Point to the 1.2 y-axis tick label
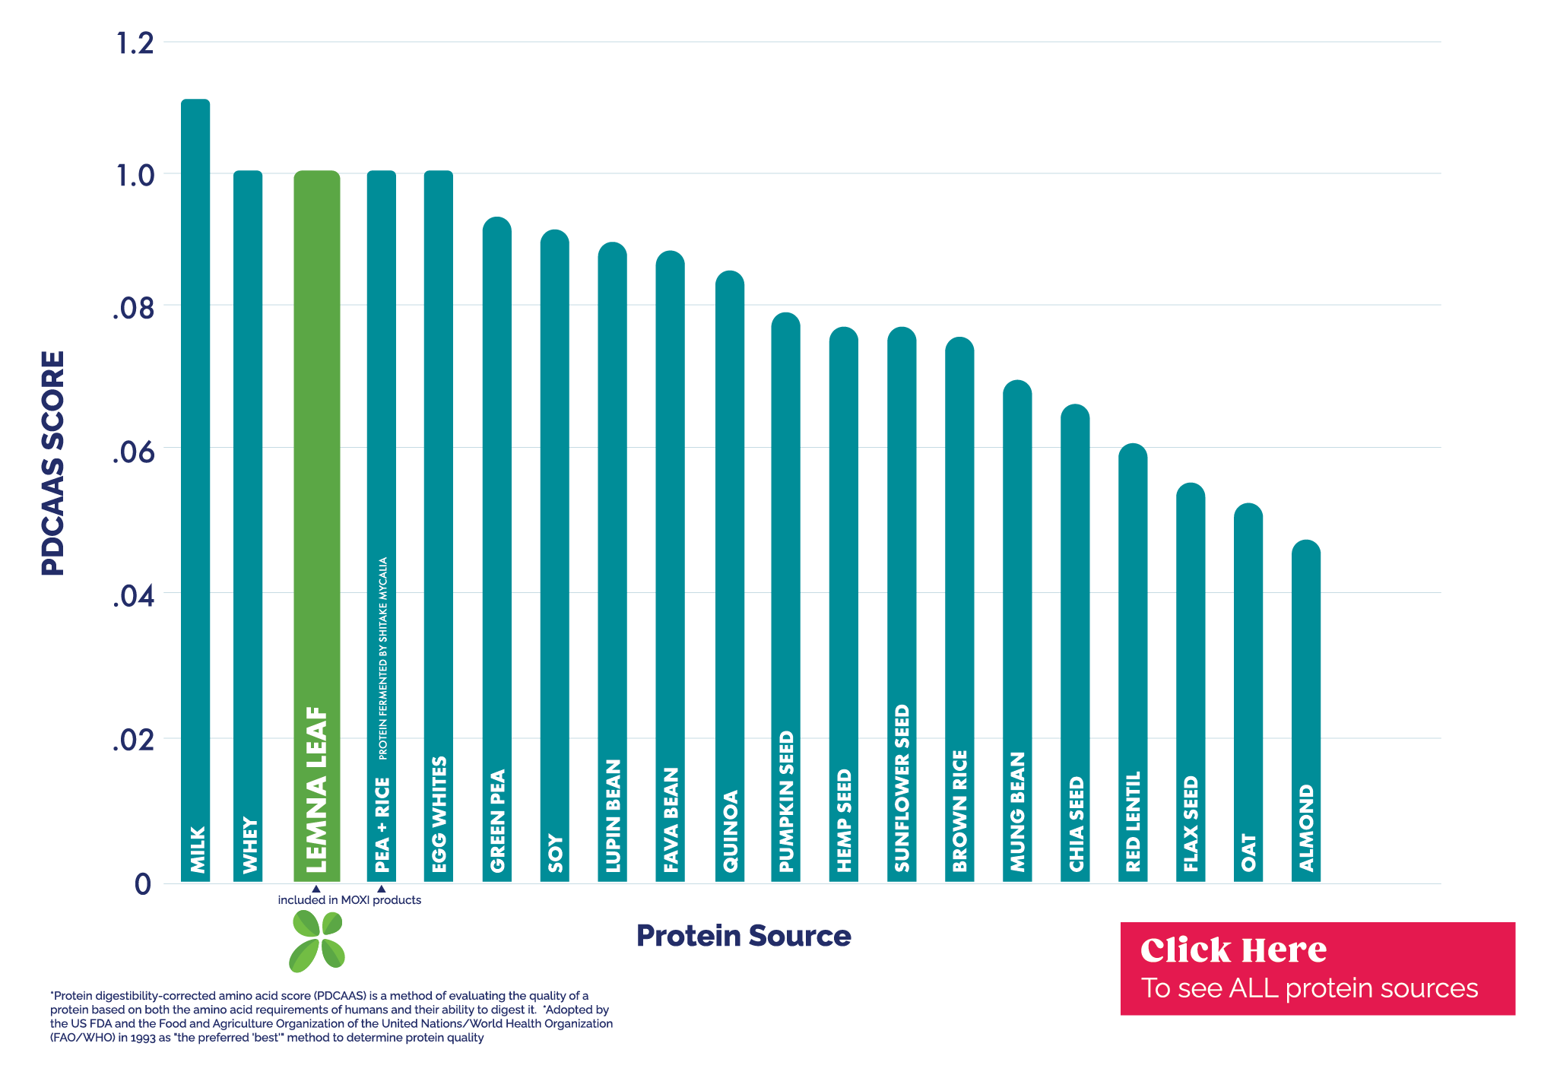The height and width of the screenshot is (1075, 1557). (135, 44)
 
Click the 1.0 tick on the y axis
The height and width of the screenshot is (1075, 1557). (135, 176)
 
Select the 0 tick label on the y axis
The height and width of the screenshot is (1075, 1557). (143, 884)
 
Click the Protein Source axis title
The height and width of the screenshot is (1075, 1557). (744, 936)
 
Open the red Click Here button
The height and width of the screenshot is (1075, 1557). (1318, 969)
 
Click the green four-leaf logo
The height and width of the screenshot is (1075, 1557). (317, 942)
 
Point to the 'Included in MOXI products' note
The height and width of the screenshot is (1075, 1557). (349, 900)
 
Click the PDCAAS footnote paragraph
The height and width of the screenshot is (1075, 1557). (331, 1016)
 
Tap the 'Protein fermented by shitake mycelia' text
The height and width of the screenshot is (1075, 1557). (383, 658)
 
